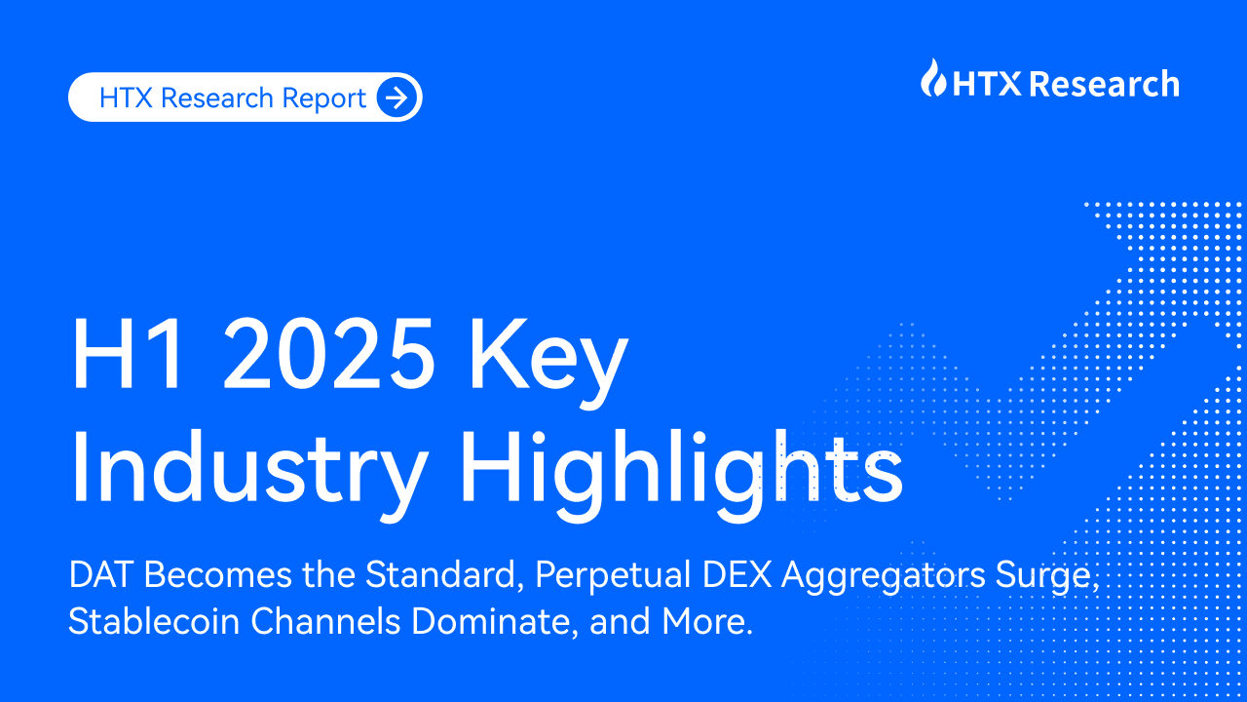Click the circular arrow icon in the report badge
(x=397, y=97)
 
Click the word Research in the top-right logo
(x=1104, y=84)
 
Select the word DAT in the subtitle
(x=96, y=576)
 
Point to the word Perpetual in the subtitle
(x=616, y=576)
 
